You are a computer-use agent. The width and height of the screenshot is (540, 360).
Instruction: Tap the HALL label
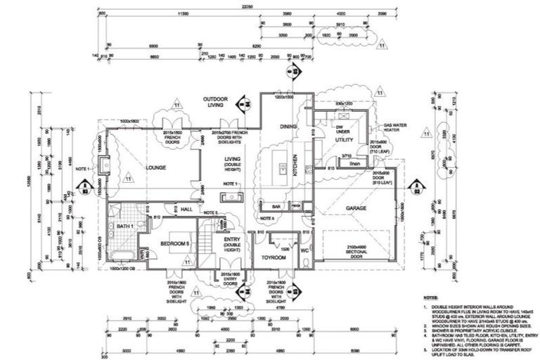[186, 209]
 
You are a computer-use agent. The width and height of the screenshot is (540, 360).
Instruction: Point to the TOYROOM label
[274, 257]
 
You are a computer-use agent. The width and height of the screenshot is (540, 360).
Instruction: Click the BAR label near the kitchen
[276, 207]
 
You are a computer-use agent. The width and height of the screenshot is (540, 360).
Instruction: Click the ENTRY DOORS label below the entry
[229, 278]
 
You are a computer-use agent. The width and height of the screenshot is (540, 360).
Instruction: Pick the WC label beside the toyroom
[304, 250]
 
